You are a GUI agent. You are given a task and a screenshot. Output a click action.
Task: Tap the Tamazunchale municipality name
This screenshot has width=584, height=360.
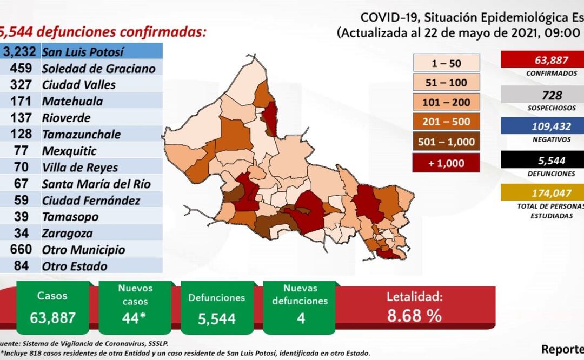pyautogui.click(x=81, y=134)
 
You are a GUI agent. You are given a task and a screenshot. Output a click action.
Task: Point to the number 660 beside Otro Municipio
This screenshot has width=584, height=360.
pyautogui.click(x=22, y=250)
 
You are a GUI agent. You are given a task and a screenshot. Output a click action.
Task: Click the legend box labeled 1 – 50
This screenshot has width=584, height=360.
pyautogui.click(x=446, y=63)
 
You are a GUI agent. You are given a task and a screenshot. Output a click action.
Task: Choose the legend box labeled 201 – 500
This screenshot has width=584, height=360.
pyautogui.click(x=446, y=122)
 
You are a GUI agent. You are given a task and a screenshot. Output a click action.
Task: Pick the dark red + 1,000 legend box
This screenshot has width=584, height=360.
pyautogui.click(x=446, y=162)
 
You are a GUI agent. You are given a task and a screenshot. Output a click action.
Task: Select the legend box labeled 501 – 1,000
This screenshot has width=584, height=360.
pyautogui.click(x=446, y=142)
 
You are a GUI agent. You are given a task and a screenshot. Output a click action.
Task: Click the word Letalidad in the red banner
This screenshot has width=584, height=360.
pyautogui.click(x=414, y=297)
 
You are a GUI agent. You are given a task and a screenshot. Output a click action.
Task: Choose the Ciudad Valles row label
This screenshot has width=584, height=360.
pyautogui.click(x=78, y=85)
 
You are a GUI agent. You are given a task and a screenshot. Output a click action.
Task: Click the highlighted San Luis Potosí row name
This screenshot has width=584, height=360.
pyautogui.click(x=83, y=52)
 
